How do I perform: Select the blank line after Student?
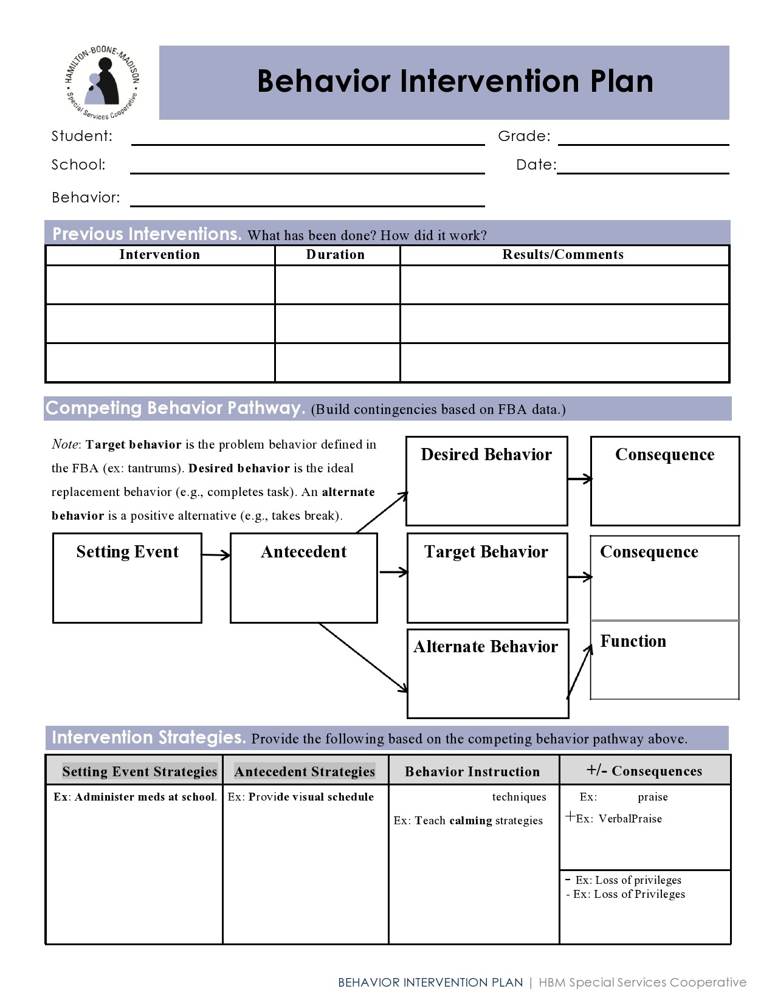(308, 140)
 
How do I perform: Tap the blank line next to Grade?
(643, 140)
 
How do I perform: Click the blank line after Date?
(643, 168)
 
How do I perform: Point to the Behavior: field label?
(86, 198)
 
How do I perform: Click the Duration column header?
(336, 255)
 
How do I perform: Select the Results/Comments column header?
(563, 255)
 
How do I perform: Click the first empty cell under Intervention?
(160, 284)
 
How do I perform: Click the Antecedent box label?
(303, 552)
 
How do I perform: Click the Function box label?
(633, 641)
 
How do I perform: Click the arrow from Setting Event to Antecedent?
(216, 554)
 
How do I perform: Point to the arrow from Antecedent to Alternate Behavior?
(363, 658)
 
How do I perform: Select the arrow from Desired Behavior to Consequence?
(579, 479)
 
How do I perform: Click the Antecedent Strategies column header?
(305, 771)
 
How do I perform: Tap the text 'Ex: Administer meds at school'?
(135, 797)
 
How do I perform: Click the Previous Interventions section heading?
(147, 234)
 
